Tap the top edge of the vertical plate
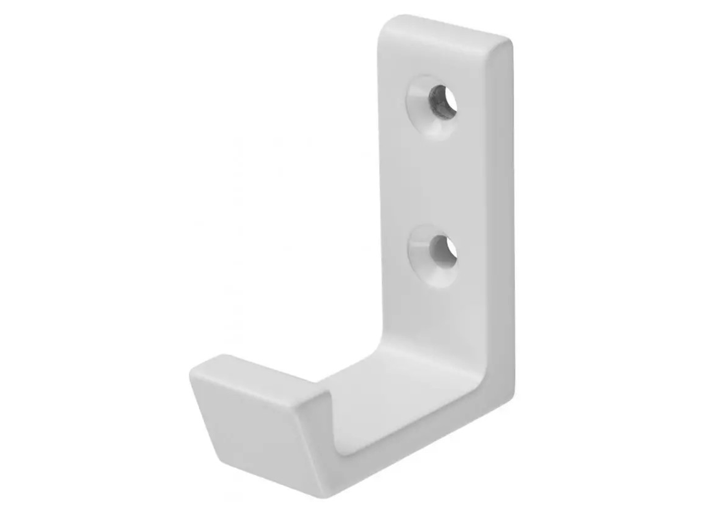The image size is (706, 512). click(445, 26)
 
